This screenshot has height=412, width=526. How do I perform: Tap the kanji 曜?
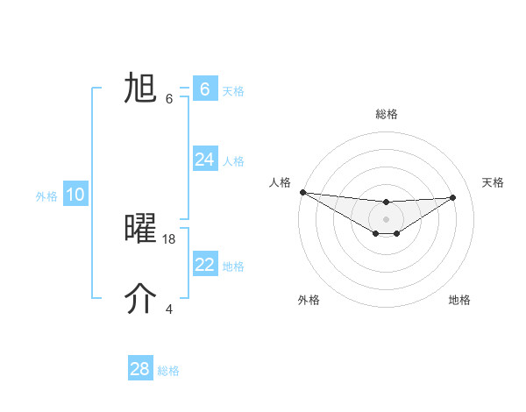tap(140, 228)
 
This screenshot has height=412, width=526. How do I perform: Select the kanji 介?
tap(140, 299)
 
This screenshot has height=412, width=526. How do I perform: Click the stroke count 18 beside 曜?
tap(170, 238)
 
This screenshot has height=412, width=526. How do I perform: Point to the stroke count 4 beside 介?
tap(169, 309)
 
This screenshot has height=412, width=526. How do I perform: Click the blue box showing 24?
tap(205, 160)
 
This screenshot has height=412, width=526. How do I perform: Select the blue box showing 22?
tap(205, 265)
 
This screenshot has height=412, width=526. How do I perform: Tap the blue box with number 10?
tap(75, 195)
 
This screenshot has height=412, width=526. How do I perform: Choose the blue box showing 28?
tap(140, 369)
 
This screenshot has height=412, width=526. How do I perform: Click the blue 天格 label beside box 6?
tap(233, 91)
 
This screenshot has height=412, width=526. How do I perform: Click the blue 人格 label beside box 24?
tap(233, 161)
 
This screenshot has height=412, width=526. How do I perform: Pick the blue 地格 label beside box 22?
tap(233, 266)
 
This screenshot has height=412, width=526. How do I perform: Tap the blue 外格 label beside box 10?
tap(46, 196)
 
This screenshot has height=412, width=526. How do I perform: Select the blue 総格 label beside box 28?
tap(168, 371)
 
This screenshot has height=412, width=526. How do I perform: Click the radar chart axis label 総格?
tap(387, 114)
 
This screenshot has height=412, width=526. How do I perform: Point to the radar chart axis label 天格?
tap(494, 182)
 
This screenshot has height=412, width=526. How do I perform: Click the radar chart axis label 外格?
tap(309, 300)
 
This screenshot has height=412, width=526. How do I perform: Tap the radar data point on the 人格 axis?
tap(302, 192)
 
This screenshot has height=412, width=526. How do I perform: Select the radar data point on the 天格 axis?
tap(453, 197)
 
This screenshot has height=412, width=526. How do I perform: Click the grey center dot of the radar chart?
tap(387, 218)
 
